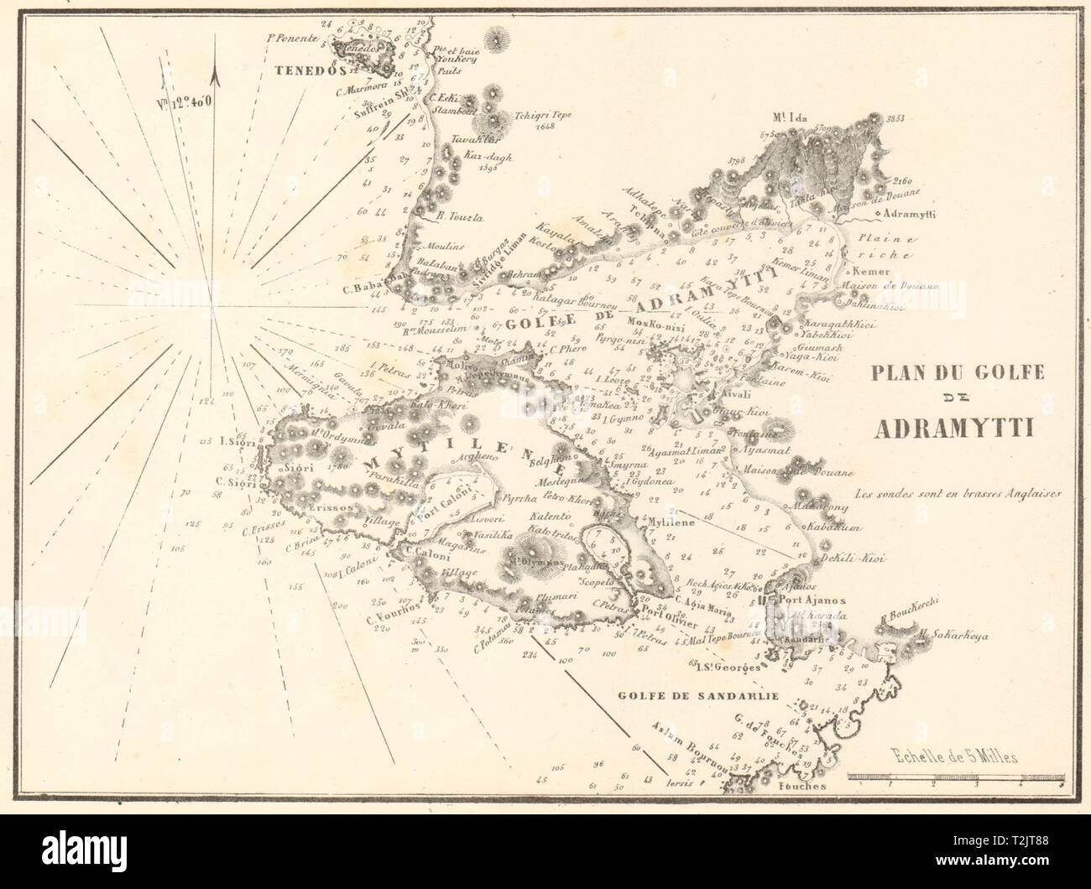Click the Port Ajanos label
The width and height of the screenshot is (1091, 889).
[x=808, y=600]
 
